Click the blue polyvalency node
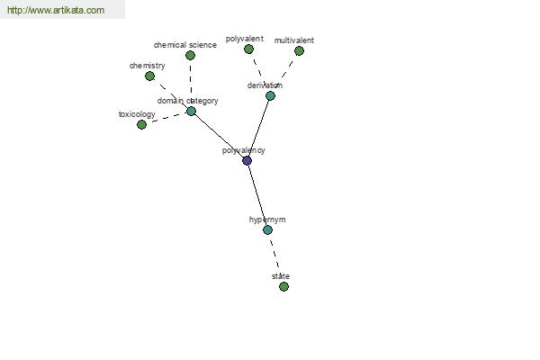247,160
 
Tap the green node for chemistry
149,76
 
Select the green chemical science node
190,55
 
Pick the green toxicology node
141,125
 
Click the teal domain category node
191,112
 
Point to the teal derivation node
270,95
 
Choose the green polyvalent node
248,49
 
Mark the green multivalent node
299,51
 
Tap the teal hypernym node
267,229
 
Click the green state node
283,286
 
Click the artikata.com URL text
56,10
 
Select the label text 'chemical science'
185,45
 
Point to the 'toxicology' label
137,114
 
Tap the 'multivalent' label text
293,40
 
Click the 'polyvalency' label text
244,150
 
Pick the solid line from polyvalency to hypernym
257,195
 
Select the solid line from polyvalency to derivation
258,128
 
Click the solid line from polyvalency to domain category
219,136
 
